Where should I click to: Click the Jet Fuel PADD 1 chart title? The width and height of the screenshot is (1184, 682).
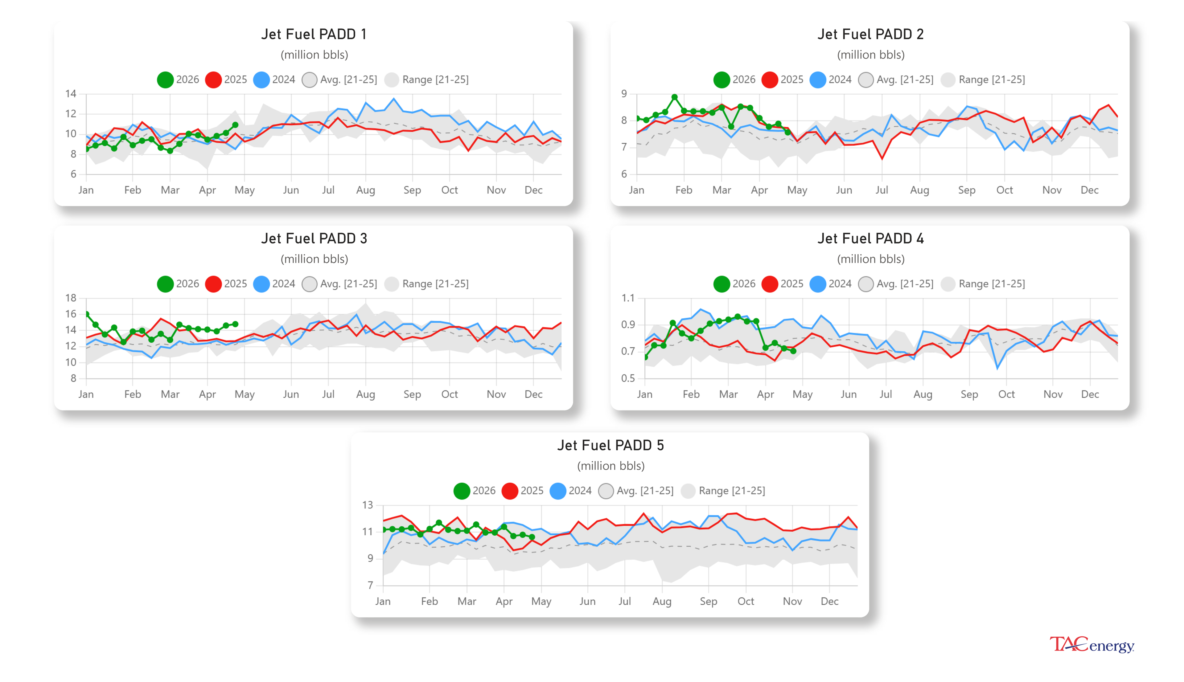click(314, 34)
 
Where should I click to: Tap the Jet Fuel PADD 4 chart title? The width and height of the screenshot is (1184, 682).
click(870, 239)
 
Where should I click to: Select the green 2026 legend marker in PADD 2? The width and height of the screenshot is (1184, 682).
click(721, 80)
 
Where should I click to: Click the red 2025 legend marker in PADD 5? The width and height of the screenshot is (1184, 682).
click(509, 490)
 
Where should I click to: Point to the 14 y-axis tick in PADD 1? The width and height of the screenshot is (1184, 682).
click(71, 94)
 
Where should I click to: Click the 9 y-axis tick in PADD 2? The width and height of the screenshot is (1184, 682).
click(624, 94)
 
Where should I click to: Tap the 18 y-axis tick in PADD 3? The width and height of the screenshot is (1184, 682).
click(71, 298)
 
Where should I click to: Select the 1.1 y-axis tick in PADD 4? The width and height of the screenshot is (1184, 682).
click(627, 298)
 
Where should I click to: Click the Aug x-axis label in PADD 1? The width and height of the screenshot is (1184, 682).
click(365, 190)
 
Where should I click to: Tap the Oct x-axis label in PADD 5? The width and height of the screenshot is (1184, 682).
click(746, 602)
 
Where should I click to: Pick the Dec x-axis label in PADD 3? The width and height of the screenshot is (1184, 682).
click(533, 394)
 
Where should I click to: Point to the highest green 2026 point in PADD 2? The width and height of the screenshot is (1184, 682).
click(674, 97)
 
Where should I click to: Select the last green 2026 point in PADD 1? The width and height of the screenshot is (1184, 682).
click(235, 125)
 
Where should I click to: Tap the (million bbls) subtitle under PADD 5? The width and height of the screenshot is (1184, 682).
click(610, 466)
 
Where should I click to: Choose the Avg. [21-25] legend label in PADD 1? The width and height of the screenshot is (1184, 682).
click(348, 80)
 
